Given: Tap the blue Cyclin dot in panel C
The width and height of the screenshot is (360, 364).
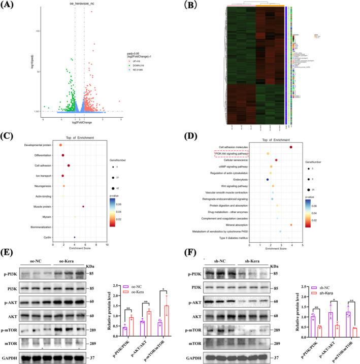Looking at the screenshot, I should [75, 237].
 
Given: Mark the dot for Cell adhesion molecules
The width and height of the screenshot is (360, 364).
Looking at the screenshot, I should [291, 147].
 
